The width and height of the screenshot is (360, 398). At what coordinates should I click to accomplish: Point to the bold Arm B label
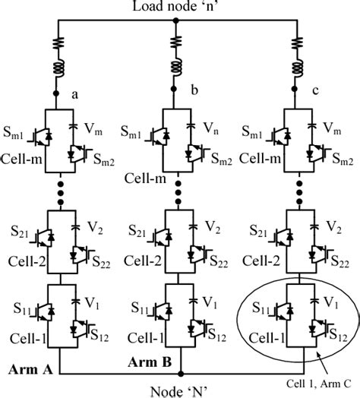[x=148, y=363]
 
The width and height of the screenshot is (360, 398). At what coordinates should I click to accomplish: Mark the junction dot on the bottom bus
[x=180, y=374]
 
